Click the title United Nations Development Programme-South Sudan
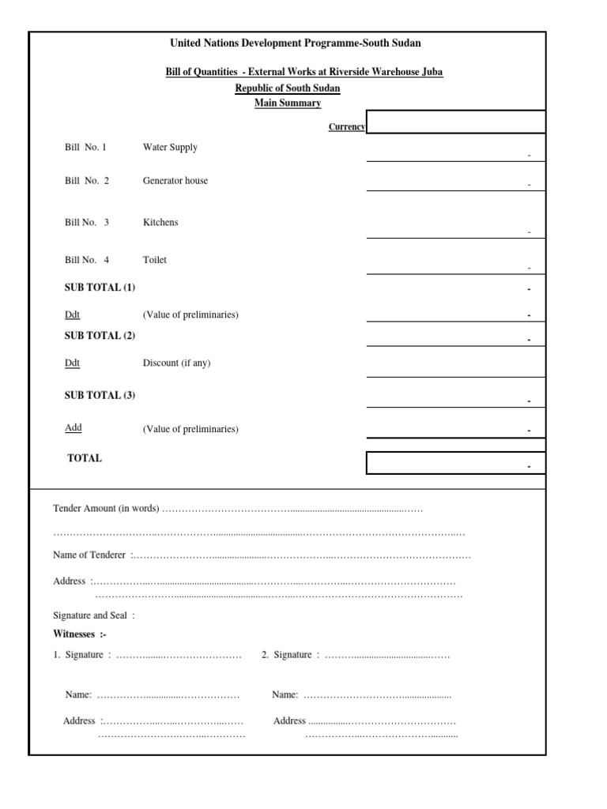[296, 43]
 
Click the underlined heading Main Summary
[288, 103]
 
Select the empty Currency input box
[455, 122]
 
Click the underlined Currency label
[346, 126]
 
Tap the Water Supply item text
[170, 147]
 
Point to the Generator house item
[175, 180]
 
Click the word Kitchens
[160, 222]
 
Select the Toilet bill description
[155, 259]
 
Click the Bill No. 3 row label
[87, 222]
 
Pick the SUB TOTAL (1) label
[100, 288]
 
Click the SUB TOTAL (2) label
[100, 335]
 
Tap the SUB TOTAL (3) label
[100, 395]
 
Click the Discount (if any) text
[176, 363]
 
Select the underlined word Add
[73, 427]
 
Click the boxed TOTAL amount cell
[455, 463]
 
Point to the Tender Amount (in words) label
[106, 508]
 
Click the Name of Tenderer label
[89, 555]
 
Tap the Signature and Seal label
[93, 615]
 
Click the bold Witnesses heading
[79, 634]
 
